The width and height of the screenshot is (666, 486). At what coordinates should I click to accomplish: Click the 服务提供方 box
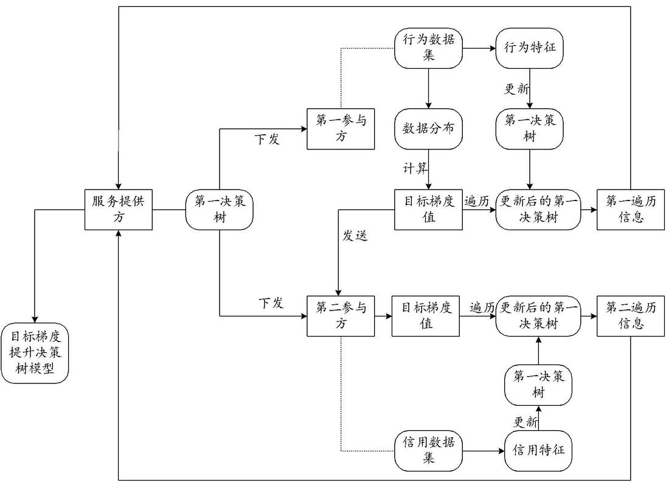point(118,210)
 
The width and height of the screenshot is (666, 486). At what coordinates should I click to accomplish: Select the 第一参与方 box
point(341,129)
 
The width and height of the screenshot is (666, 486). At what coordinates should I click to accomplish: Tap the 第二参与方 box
point(341,316)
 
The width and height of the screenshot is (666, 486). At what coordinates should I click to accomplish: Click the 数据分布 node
point(428,129)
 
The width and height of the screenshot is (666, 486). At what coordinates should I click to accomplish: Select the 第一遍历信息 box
point(630,210)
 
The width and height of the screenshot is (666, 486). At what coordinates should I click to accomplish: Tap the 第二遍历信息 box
point(630,316)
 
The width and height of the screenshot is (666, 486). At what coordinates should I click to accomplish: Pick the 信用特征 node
point(538,451)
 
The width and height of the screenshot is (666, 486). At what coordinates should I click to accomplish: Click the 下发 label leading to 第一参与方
point(266,139)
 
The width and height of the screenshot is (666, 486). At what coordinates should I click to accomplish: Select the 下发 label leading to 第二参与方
point(271,303)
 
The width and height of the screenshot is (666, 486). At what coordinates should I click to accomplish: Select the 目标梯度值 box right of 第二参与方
point(425,316)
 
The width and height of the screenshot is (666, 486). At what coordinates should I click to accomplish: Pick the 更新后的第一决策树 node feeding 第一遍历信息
point(538,210)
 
